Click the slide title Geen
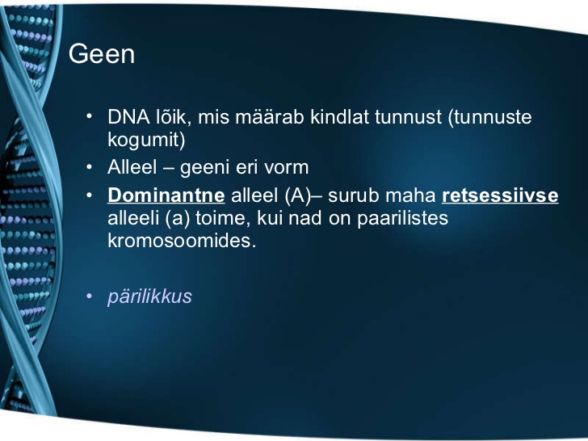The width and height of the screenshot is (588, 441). tap(102, 54)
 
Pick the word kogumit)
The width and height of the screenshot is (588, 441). tap(146, 140)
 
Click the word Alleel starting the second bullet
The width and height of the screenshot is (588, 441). tap(132, 167)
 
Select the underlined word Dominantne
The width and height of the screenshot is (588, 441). tap(166, 195)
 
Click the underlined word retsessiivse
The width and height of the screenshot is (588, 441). tap(500, 195)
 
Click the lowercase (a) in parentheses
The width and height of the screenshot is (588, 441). tap(177, 218)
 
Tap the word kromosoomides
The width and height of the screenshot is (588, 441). tap(182, 241)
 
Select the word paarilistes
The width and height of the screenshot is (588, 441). tap(402, 219)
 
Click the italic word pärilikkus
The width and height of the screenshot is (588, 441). tap(149, 296)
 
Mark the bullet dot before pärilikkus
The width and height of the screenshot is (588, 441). tap(89, 296)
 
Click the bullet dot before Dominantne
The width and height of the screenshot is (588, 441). tap(89, 195)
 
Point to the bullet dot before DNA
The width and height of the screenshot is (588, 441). tap(89, 116)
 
